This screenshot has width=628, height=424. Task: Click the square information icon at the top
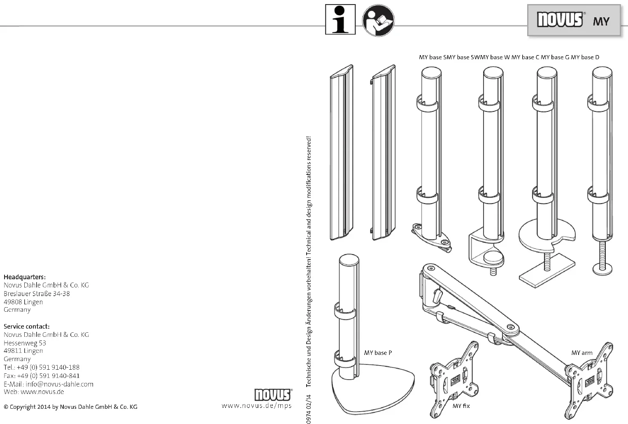pyautogui.click(x=340, y=19)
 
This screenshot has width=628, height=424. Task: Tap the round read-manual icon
pyautogui.click(x=378, y=20)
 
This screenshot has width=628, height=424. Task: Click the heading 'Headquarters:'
pyautogui.click(x=25, y=277)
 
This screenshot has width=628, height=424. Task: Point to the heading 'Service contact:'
pyautogui.click(x=27, y=326)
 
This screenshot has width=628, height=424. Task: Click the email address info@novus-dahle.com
pyautogui.click(x=59, y=384)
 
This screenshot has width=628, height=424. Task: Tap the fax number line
pyautogui.click(x=42, y=375)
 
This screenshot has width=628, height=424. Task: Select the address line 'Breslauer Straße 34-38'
pyautogui.click(x=37, y=293)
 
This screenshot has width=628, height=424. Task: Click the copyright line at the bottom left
pyautogui.click(x=70, y=407)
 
